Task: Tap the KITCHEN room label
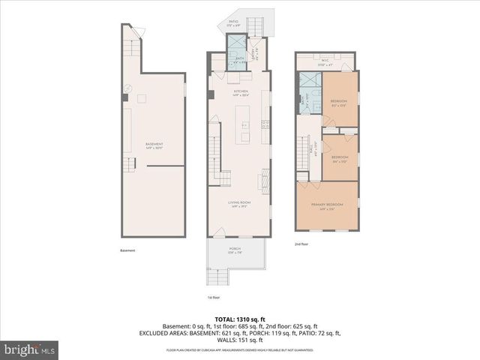240,91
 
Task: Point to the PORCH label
235,250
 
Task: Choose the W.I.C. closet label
325,62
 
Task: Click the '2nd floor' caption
302,244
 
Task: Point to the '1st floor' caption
214,298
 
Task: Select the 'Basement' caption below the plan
127,250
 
